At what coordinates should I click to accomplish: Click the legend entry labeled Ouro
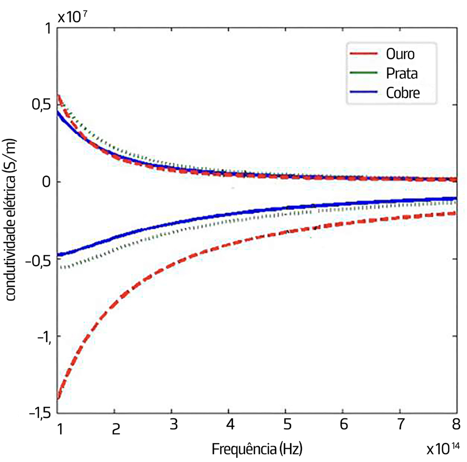[x=400, y=54]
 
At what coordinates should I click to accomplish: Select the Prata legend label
[x=402, y=73]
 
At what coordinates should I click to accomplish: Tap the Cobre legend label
[x=403, y=93]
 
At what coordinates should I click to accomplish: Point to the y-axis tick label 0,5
[x=38, y=105]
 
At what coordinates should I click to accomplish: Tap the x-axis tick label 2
[x=116, y=429]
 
